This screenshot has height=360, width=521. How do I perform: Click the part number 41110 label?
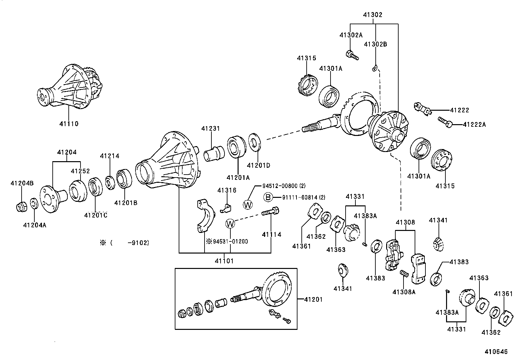[x=69, y=124]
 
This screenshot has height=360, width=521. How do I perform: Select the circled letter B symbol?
[x=268, y=197]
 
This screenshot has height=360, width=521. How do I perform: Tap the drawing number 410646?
[x=496, y=352]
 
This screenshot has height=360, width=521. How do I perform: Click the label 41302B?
[x=375, y=44]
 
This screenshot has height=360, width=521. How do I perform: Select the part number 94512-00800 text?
[x=284, y=186]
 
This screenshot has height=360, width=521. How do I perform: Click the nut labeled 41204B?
[x=21, y=207]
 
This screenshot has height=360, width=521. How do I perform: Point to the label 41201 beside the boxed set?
[x=313, y=299]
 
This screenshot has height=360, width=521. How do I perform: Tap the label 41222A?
[x=475, y=124]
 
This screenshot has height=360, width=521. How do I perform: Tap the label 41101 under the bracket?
[x=224, y=261]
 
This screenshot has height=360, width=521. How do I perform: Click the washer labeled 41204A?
[x=34, y=203]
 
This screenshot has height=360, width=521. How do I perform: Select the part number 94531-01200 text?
[x=230, y=241]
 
